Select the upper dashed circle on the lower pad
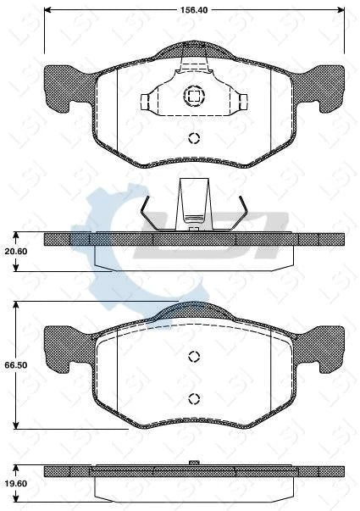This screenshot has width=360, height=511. (193, 356)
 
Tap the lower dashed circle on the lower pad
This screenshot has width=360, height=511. (193, 398)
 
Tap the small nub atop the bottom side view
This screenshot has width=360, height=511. (193, 463)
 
